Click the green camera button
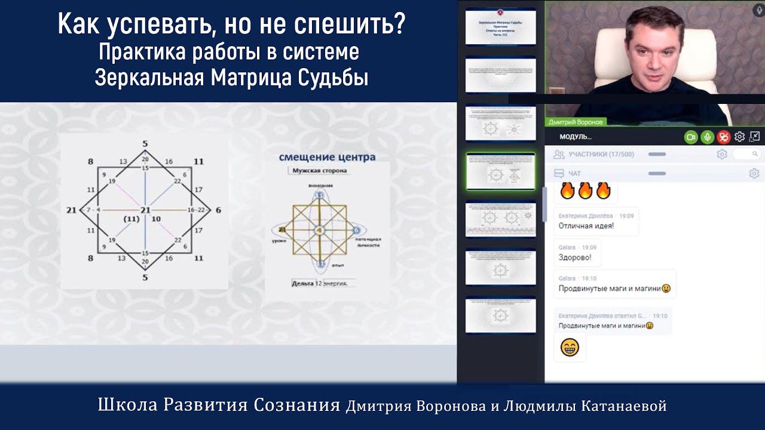691,137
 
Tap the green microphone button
707,137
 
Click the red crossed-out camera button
724,137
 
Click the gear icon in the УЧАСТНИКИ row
722,154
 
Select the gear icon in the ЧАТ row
754,174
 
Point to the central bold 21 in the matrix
145,210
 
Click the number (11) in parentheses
131,220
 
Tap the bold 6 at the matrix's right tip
218,210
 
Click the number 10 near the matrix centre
156,220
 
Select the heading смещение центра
327,157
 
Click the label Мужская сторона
319,171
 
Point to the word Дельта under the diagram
302,283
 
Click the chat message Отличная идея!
586,226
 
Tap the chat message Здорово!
574,257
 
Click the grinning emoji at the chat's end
570,347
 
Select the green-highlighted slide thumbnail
500,171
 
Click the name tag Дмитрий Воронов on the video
574,122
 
